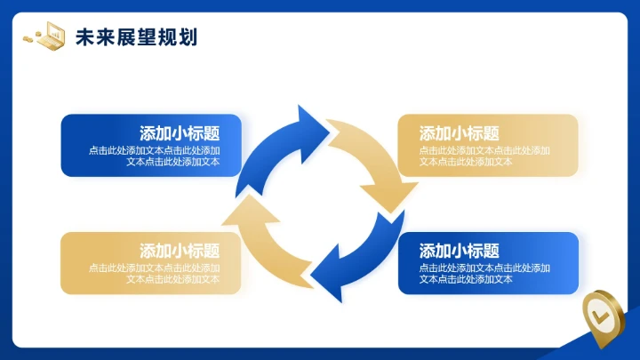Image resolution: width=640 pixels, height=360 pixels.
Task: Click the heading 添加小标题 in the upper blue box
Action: coord(180,133)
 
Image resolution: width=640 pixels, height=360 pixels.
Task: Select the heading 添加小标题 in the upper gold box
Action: coord(459,133)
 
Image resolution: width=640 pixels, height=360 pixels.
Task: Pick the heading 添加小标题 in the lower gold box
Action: coord(180,251)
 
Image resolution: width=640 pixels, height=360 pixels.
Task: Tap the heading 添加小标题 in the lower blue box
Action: coord(459,251)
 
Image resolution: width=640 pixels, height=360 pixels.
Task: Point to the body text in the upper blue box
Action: coord(155,156)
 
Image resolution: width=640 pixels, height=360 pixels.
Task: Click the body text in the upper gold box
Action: coord(484,156)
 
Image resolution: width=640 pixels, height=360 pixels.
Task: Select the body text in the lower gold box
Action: coord(155,273)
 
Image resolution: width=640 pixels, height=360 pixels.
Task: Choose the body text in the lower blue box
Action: coord(484,273)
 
